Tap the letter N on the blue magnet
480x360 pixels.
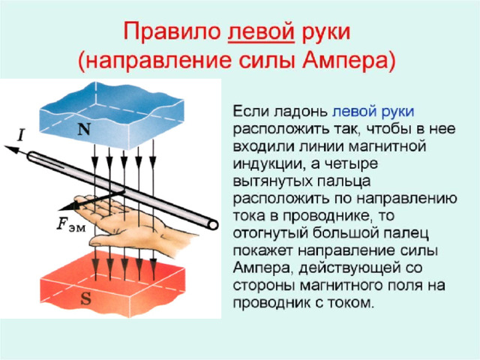(84, 129)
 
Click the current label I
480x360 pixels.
(20, 136)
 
